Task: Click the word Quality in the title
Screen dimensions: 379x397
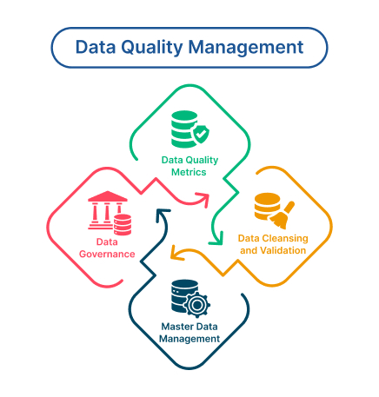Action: click(x=152, y=48)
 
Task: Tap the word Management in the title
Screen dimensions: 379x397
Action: click(x=246, y=48)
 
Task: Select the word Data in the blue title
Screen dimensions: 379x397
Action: click(x=95, y=47)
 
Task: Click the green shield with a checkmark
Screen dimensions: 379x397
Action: click(x=201, y=134)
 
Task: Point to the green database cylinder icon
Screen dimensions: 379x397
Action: click(x=184, y=129)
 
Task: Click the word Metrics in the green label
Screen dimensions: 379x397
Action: click(x=189, y=172)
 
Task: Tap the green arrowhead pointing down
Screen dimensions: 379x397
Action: click(x=216, y=239)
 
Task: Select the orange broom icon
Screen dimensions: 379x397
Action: click(x=283, y=215)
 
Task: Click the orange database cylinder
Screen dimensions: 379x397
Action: click(x=267, y=207)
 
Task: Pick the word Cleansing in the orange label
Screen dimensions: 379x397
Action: click(x=285, y=239)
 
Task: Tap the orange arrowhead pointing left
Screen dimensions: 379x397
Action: click(x=177, y=253)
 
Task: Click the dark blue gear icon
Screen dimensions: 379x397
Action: click(x=196, y=304)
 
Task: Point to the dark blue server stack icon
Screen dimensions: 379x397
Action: click(x=183, y=295)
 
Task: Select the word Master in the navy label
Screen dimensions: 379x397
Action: click(x=175, y=327)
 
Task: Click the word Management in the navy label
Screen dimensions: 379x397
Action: click(x=189, y=339)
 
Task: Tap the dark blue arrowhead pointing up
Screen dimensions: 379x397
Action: click(x=163, y=215)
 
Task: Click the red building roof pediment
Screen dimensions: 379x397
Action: click(x=108, y=196)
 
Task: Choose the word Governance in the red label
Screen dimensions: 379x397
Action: click(x=107, y=255)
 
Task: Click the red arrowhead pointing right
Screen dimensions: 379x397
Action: click(x=203, y=200)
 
